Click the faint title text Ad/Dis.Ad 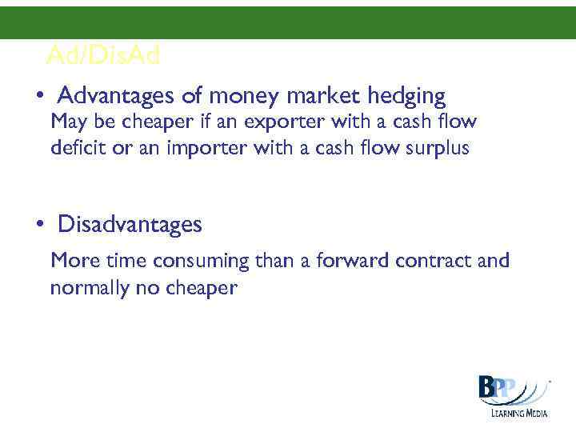click(103, 55)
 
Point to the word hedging click(406, 98)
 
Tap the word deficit click(74, 148)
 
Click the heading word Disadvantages click(130, 225)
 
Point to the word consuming click(201, 262)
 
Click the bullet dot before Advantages click(38, 98)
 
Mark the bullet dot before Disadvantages click(38, 226)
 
